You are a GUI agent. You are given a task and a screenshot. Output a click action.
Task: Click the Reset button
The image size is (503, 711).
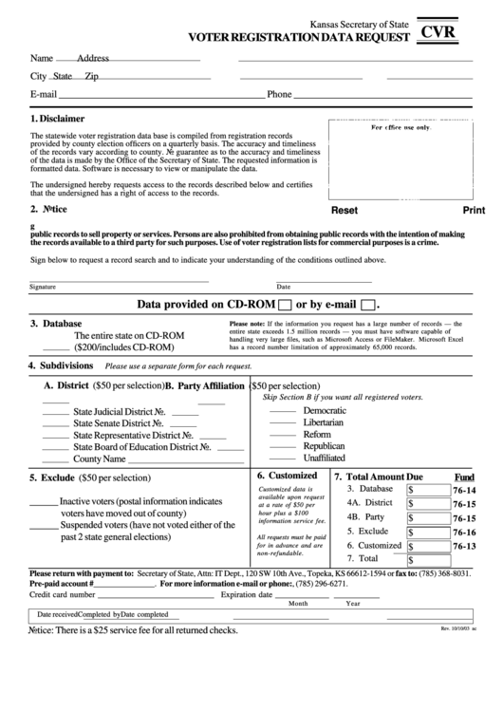coord(344,211)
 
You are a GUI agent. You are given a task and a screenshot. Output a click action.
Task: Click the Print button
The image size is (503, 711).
coord(474,211)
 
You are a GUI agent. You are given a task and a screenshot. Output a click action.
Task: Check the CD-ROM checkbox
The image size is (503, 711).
coord(283,306)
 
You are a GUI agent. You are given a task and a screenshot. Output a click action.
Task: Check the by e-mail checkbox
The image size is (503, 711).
coord(369,306)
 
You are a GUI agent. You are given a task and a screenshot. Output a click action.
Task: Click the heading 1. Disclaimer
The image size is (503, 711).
coord(57,120)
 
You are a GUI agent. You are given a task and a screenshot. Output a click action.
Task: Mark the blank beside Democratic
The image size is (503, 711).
coord(283,410)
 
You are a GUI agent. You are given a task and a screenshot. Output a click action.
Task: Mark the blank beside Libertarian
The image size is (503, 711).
coord(283,422)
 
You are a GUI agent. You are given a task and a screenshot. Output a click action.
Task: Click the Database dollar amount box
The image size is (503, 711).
coord(427,490)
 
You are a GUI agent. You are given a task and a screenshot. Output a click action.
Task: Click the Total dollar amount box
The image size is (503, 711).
coord(427,561)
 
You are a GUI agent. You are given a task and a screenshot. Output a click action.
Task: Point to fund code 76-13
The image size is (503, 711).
coord(464,547)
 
